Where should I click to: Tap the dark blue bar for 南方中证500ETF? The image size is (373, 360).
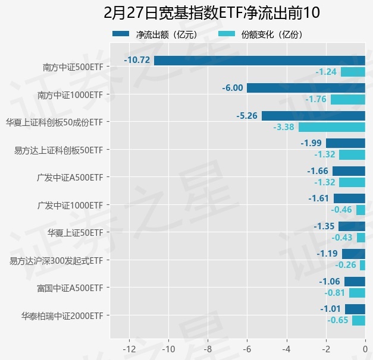coord(259,60)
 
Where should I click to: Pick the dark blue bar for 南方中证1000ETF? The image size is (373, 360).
coord(306,88)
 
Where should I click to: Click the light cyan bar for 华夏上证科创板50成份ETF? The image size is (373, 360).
coord(332,127)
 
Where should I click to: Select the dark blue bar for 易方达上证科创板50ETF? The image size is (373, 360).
coord(346,143)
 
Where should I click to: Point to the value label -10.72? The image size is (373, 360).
coord(137,60)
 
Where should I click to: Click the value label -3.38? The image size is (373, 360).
coord(284,127)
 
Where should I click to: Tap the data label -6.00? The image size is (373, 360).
coord(233,88)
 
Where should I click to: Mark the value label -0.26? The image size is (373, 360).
coord(346,265)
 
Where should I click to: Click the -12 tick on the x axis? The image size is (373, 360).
coord(129,348)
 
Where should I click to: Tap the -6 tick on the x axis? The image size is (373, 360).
coord(247,348)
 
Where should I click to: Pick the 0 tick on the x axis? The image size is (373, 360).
coord(365,348)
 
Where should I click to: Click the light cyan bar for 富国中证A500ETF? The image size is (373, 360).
coord(357,293)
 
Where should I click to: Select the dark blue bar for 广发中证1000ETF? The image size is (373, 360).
coord(349,198)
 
